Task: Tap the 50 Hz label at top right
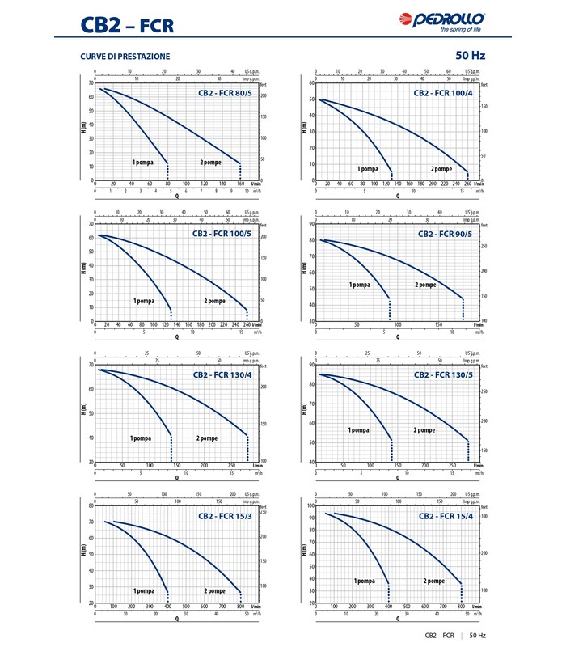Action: point(470,56)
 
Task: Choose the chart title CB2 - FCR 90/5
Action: point(447,234)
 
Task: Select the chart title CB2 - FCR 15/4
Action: point(447,515)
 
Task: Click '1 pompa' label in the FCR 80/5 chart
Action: point(143,163)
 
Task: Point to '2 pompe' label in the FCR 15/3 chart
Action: point(214,591)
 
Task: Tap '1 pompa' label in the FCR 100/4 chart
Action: point(368,169)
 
